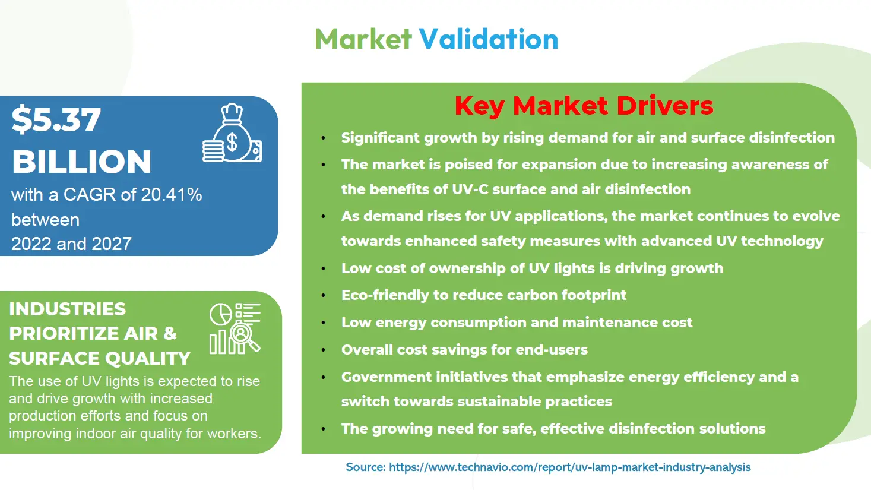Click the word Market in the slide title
click(363, 39)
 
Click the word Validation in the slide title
click(489, 39)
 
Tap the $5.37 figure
click(56, 119)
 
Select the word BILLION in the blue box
click(81, 162)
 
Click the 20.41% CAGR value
click(172, 194)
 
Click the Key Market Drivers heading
click(584, 106)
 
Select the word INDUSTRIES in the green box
click(67, 309)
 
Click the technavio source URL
click(569, 467)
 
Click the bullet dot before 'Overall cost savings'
click(323, 350)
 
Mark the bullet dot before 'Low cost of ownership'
click(323, 268)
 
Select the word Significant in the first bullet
click(381, 138)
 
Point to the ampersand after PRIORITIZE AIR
click(170, 333)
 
